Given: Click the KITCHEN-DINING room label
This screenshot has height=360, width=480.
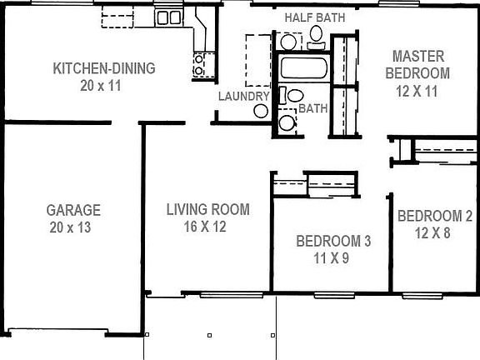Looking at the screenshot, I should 104,68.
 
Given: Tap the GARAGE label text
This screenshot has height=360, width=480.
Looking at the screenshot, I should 73,210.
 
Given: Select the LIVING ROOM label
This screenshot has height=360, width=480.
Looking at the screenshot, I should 207,209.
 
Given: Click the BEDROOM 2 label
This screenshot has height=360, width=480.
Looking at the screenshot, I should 435,217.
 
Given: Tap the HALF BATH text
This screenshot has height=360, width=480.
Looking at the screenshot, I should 314,17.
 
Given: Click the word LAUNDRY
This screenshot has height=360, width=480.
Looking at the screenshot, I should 243,96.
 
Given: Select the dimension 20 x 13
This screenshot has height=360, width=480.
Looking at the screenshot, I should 73,226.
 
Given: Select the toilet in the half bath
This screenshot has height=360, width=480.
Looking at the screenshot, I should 315,34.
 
